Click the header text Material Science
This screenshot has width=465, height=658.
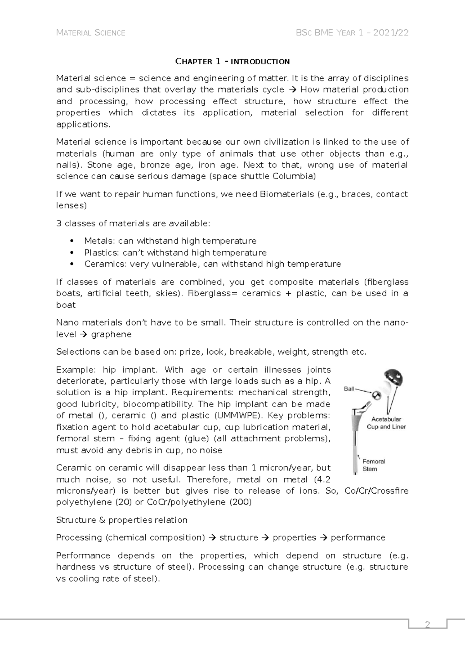click(x=91, y=33)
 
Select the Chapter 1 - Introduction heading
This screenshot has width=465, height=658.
click(x=232, y=61)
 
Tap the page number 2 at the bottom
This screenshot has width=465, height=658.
click(x=428, y=625)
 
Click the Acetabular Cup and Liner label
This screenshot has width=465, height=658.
click(x=386, y=423)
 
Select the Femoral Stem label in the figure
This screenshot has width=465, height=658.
click(x=374, y=465)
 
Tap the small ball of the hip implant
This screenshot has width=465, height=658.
click(x=376, y=395)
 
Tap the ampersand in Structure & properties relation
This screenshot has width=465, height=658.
click(x=102, y=520)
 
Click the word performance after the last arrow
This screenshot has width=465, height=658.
click(x=358, y=537)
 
